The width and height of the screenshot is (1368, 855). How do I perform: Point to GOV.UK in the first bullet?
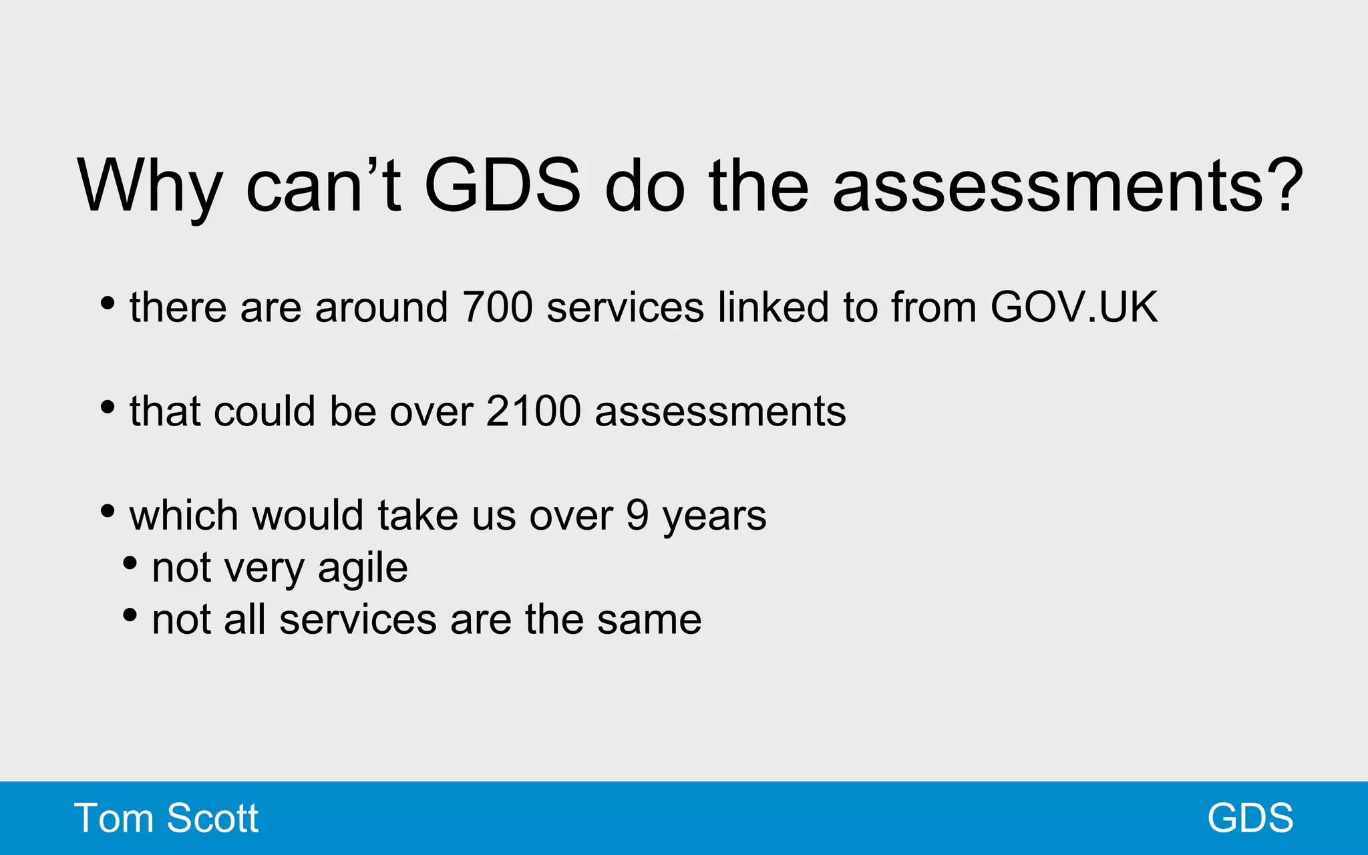click(x=1074, y=307)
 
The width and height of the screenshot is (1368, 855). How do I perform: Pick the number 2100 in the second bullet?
click(x=534, y=411)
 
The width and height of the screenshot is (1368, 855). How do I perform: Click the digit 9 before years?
click(x=638, y=515)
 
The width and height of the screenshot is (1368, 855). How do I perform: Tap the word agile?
click(x=363, y=569)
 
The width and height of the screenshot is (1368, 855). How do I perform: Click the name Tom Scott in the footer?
click(x=166, y=818)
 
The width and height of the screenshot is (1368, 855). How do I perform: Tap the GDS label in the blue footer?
click(x=1250, y=818)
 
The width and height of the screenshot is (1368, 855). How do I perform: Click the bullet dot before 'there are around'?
click(x=107, y=303)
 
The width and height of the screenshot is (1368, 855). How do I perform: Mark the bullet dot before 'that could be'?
click(x=107, y=407)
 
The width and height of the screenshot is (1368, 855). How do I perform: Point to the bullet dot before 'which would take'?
click(x=107, y=512)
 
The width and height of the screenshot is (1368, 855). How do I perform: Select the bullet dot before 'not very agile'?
click(x=130, y=563)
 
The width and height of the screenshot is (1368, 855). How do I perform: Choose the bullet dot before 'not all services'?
click(x=130, y=615)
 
